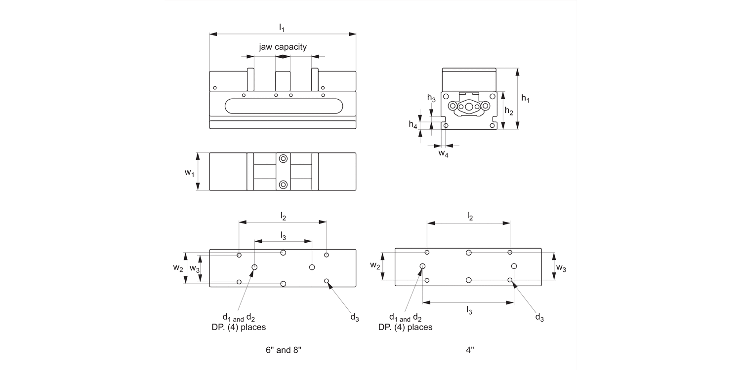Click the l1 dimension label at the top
click(282, 28)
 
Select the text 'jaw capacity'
click(283, 47)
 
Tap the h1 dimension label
click(525, 99)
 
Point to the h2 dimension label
click(509, 111)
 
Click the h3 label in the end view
click(431, 98)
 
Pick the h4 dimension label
click(413, 124)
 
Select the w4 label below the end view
click(444, 154)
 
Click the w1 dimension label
click(189, 172)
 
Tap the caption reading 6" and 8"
click(283, 350)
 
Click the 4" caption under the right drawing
click(470, 350)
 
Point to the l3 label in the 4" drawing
click(469, 310)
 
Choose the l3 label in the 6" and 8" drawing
click(283, 236)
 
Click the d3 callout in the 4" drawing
click(539, 317)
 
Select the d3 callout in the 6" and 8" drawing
click(355, 317)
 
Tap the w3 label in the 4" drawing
click(561, 268)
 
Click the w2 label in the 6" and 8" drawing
click(178, 268)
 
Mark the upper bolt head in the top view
click(283, 159)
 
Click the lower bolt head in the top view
click(283, 185)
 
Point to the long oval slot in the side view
click(283, 106)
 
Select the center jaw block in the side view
click(283, 81)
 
